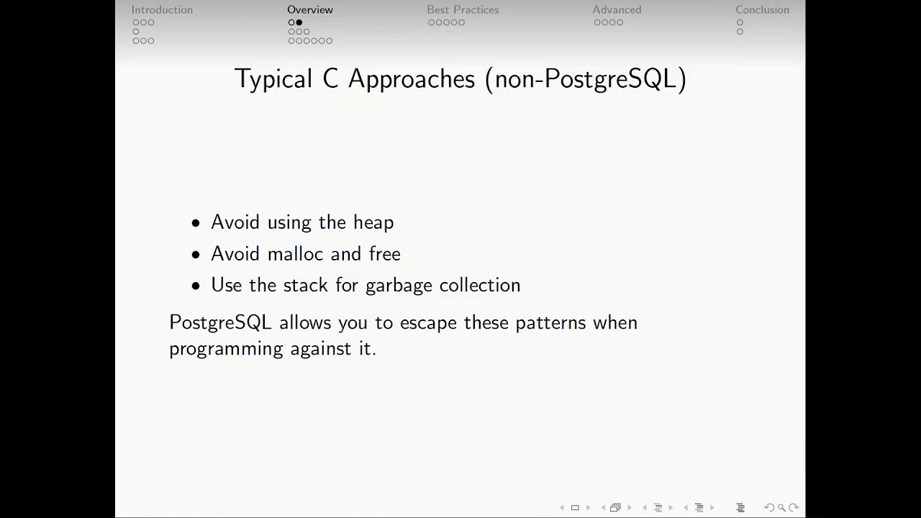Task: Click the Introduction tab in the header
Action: click(162, 10)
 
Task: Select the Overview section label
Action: click(310, 10)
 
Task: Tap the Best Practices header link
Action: click(463, 10)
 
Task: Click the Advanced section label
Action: click(617, 10)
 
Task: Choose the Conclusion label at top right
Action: click(762, 10)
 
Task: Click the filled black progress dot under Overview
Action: click(299, 22)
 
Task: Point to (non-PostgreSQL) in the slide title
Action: click(586, 79)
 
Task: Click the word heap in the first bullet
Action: click(373, 223)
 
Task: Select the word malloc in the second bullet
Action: click(296, 254)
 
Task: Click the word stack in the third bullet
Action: click(306, 286)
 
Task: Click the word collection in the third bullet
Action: click(480, 286)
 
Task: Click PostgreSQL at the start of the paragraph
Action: click(220, 323)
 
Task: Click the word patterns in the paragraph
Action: click(550, 323)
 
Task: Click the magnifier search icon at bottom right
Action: click(781, 508)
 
